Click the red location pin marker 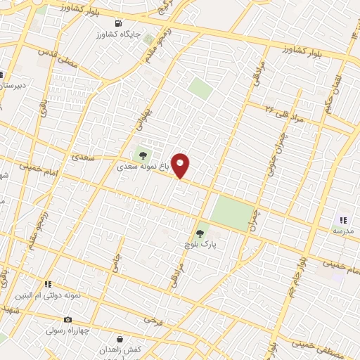coord(181,165)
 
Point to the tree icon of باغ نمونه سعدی coord(143,154)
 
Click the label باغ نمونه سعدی coord(143,167)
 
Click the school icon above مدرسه coord(344,220)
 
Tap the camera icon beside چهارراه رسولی coord(68,319)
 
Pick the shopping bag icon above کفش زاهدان coord(120,338)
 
